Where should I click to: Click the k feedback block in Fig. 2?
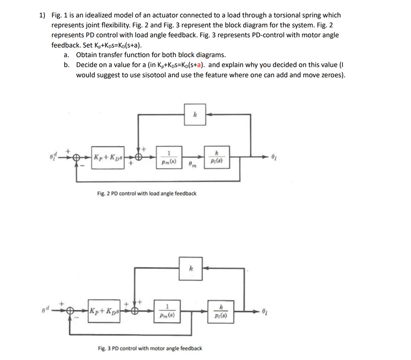195,115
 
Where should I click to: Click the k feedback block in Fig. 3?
190,268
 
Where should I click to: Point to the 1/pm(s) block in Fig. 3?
166,311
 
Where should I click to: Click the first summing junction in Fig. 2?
77,157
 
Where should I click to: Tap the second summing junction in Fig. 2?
139,157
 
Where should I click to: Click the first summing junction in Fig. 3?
71,311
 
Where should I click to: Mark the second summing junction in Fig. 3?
136,311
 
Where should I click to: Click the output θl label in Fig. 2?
273,156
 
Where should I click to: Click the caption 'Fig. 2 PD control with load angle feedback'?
147,194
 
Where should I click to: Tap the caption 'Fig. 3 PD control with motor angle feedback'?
150,348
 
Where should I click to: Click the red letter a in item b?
198,65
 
